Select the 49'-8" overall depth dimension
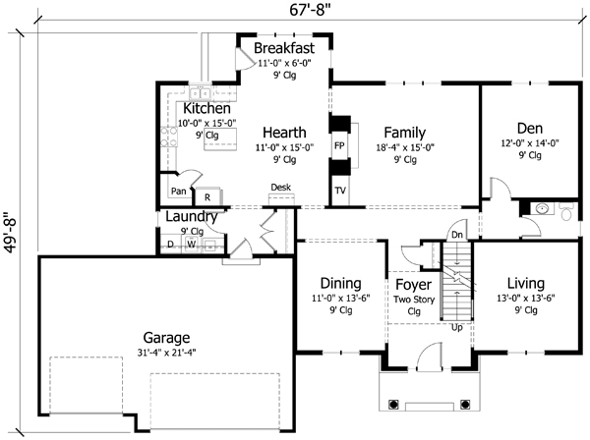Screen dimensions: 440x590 click(11, 236)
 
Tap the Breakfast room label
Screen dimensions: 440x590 click(283, 48)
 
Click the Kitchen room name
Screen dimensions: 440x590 click(206, 108)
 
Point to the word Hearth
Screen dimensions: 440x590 click(284, 132)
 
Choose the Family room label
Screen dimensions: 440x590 click(404, 132)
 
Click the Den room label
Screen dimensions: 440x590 click(529, 128)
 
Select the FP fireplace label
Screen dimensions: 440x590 click(339, 143)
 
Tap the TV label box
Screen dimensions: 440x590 click(340, 191)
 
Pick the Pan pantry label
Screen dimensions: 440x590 click(178, 192)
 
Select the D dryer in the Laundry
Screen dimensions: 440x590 click(170, 244)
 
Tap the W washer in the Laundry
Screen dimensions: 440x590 click(192, 244)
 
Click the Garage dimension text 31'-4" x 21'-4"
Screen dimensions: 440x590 click(165, 355)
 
